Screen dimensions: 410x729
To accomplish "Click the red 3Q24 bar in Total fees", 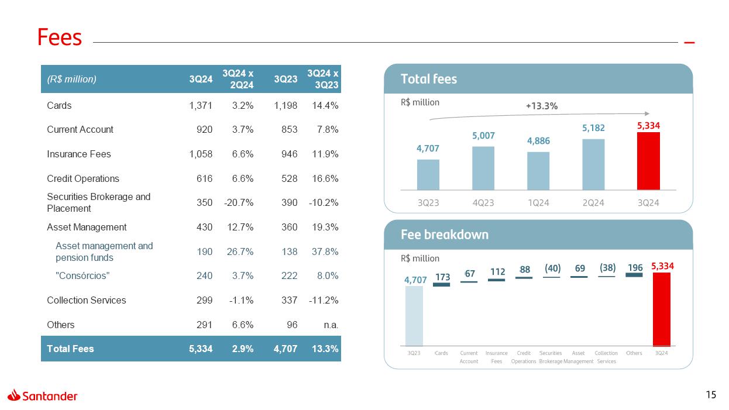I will coord(648,161).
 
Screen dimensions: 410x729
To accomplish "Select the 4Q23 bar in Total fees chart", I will coord(483,168).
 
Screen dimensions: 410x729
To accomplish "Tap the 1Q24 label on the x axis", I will coord(538,203).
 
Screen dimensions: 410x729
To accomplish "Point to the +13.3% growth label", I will coord(541,106).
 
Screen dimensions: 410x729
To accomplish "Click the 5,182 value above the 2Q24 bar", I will coord(593,128).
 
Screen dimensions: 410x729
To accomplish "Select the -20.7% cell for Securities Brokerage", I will coord(238,202).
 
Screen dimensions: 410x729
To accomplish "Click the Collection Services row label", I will coord(87,300).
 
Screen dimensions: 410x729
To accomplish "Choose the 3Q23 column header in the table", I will coord(286,79).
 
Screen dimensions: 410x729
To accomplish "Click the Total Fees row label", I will coord(70,349).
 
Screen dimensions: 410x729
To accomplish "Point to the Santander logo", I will coord(43,396).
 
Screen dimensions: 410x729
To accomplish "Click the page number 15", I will coord(711,395).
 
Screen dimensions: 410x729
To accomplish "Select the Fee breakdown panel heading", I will coord(445,235).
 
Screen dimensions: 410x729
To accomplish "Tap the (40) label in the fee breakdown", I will coord(552,268).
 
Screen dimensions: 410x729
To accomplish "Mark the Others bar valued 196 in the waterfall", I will coord(634,274).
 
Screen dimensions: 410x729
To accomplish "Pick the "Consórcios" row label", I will coord(82,275).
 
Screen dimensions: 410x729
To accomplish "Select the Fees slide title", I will coord(60,37).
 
